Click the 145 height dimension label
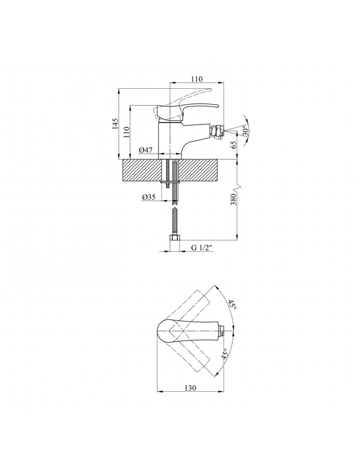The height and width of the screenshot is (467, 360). (x=115, y=124)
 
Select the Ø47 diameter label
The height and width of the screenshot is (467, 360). (x=146, y=150)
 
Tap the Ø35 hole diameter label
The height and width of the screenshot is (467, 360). (x=149, y=197)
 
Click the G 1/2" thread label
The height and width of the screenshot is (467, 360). (x=201, y=248)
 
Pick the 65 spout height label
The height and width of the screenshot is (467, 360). (x=234, y=145)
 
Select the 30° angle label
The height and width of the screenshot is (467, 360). (x=246, y=131)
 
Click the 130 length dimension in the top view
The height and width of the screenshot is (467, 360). (x=191, y=388)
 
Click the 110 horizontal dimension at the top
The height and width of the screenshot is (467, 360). (x=197, y=79)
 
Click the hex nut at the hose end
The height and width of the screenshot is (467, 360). (x=174, y=239)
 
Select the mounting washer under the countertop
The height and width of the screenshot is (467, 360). (x=170, y=181)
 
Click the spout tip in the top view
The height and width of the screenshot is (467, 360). (x=222, y=331)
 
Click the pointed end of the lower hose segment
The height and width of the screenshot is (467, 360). (x=174, y=208)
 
